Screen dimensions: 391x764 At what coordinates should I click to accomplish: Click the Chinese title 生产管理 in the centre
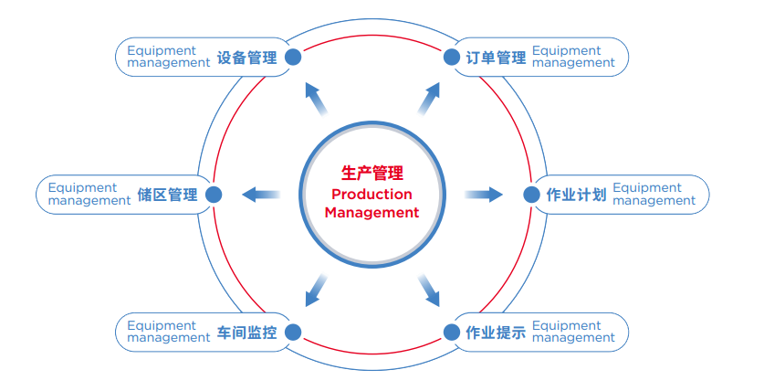point(372,173)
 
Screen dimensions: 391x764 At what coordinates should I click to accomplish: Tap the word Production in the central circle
point(372,194)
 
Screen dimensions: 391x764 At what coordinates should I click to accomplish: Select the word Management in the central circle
point(372,213)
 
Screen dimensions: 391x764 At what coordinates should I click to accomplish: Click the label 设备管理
point(246,58)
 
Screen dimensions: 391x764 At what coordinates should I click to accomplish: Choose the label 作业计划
point(576,195)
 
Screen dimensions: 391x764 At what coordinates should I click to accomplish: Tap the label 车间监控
point(246,332)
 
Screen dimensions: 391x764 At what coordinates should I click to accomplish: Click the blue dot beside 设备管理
point(293,57)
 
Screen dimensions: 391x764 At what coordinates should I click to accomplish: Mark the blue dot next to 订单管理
point(451,57)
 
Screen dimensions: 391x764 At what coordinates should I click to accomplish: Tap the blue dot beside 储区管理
point(214,195)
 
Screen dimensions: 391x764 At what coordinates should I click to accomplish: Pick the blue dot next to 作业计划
point(531,195)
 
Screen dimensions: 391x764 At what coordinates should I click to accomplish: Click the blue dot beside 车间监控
point(293,332)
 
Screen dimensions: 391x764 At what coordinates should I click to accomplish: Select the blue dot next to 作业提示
point(451,332)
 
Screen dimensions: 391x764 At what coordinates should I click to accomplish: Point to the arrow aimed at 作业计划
point(484,194)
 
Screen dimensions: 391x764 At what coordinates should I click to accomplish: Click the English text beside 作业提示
point(573,332)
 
